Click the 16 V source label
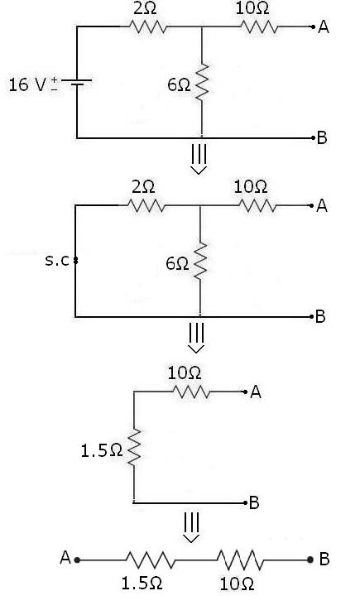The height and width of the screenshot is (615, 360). point(28,84)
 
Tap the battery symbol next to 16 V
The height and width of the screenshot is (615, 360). point(77,83)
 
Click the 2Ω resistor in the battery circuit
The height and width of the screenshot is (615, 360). point(147,27)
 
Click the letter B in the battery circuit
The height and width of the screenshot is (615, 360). point(323,137)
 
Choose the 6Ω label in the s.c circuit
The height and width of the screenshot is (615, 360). point(176,263)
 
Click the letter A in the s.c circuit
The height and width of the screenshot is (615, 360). point(322,206)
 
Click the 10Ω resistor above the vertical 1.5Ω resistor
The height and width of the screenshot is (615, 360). point(191,393)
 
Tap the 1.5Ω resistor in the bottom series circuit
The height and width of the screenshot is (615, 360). point(149,560)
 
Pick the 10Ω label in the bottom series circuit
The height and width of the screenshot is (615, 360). point(237,584)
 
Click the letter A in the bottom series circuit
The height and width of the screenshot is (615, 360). point(65,559)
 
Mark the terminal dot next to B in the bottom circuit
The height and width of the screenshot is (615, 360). point(310,560)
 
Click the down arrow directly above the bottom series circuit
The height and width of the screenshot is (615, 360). point(191,528)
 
